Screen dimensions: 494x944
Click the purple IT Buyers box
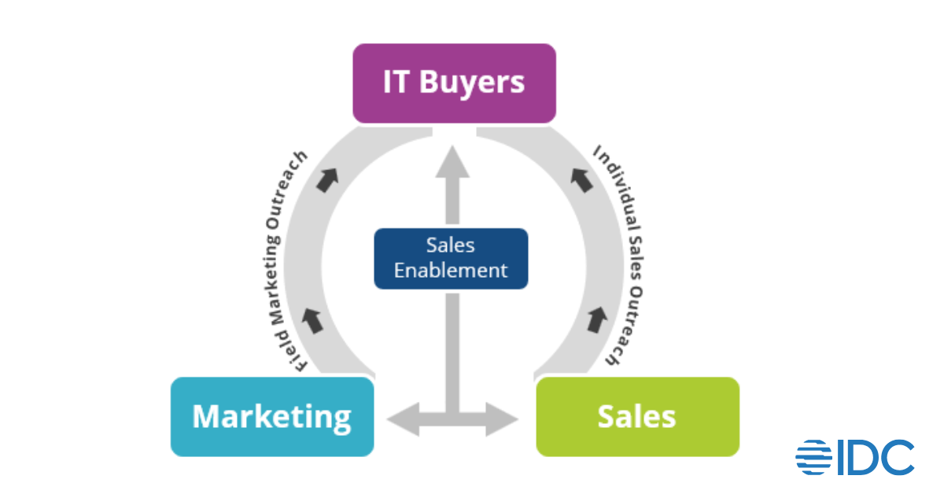[x=454, y=83]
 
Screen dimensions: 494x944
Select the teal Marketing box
[x=272, y=416]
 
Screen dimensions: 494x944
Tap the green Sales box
[x=637, y=416]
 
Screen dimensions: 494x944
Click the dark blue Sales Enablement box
[x=451, y=258]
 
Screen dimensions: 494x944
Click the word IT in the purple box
[x=397, y=83]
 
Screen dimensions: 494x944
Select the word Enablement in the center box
[x=451, y=271]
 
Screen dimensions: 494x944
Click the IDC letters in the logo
[x=875, y=458]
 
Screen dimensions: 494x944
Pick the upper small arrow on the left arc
[x=325, y=181]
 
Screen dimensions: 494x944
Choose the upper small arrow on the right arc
[x=581, y=181]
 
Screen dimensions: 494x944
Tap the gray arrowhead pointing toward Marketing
[x=402, y=418]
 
